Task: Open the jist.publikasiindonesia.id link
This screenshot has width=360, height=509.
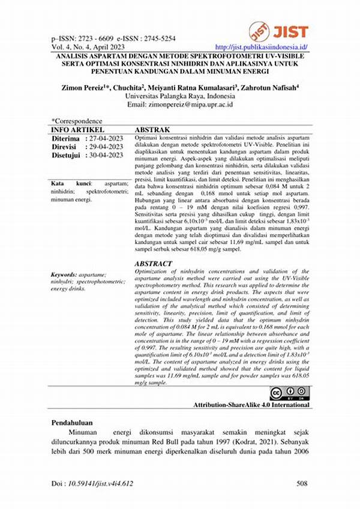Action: pyautogui.click(x=261, y=46)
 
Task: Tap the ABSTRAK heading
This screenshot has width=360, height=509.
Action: pyautogui.click(x=152, y=129)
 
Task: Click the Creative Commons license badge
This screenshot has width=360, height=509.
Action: pyautogui.click(x=289, y=394)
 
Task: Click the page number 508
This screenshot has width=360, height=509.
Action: pyautogui.click(x=303, y=483)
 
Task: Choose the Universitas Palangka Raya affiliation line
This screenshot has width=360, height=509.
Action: pyautogui.click(x=179, y=95)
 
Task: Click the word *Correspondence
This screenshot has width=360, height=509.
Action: pyautogui.click(x=77, y=121)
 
